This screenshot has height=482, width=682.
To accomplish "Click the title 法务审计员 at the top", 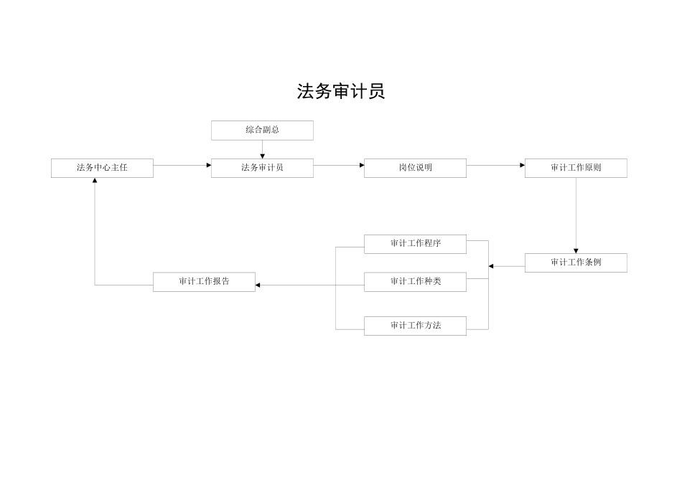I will pos(341,91).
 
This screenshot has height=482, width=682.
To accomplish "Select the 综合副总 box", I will pos(262,130).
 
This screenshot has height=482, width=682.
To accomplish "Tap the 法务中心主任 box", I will pos(102,168).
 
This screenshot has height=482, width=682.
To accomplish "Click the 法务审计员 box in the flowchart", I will pos(262,168).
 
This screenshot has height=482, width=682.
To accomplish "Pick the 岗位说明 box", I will pos(415,168).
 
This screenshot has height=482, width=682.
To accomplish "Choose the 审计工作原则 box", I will pos(576,168).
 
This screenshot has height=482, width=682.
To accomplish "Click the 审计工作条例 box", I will pos(576,263).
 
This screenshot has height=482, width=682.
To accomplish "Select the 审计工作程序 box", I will pos(415,244).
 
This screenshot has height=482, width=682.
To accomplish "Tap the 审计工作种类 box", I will pos(415,282).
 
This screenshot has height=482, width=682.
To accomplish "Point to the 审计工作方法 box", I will pos(415,326).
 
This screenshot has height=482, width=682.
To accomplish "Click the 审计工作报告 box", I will pos(204,282).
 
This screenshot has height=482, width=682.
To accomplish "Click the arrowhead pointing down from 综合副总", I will pos(262,156).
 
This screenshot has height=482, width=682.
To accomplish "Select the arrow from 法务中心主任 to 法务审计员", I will pos(182,165).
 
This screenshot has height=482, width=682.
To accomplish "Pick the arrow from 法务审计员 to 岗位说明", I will pos(338,165).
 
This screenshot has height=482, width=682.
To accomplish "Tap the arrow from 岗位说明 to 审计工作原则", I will pos(495,165).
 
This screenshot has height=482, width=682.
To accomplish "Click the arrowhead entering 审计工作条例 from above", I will pos(576,250).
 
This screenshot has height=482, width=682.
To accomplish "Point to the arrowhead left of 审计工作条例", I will pos(492,266).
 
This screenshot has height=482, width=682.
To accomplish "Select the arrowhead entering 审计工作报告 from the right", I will pos(258,285).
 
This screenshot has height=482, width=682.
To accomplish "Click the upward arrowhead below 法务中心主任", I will pos(95,181).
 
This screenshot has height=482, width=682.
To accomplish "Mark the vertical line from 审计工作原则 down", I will pos(576,212).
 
